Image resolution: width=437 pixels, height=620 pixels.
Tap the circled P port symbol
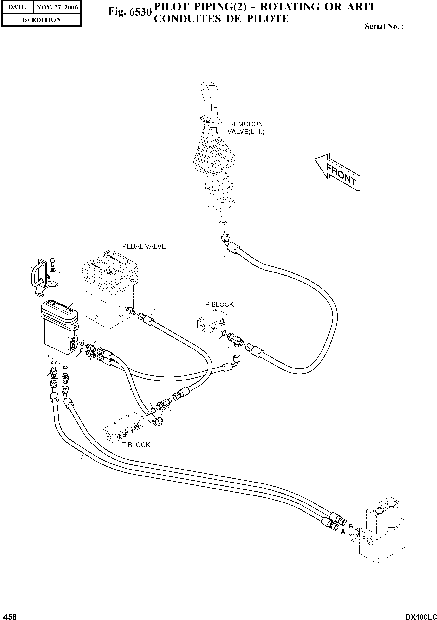223,224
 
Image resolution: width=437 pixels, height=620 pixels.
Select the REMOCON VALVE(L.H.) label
246,128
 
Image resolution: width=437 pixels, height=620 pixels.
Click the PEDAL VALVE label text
144,246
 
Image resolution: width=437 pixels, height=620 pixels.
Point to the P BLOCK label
219,304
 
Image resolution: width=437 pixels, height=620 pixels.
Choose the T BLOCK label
136,445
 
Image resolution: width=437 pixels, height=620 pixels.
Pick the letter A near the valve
343,532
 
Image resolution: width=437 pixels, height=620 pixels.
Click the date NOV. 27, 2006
57,7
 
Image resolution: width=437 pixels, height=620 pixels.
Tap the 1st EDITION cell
41,20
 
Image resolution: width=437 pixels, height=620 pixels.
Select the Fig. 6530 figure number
129,12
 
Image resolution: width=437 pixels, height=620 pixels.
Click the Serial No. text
384,26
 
